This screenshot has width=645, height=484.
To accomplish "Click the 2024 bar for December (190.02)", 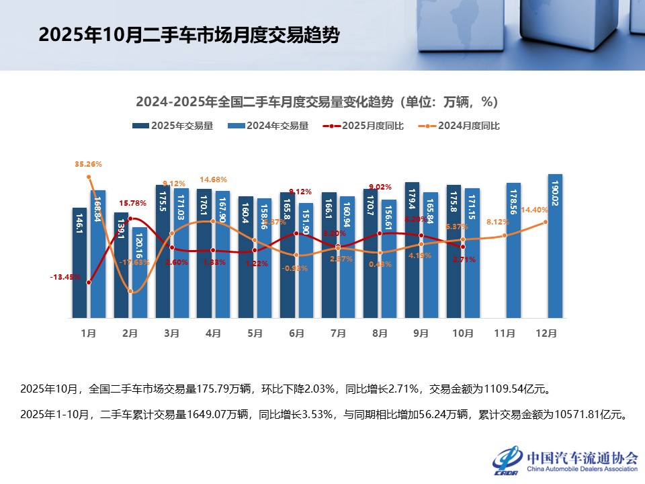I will click(555, 246).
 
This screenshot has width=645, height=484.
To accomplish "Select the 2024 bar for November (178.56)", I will click(513, 250).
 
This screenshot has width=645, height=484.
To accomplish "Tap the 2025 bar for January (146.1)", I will click(80, 263).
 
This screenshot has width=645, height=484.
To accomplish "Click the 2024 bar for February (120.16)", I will click(139, 272).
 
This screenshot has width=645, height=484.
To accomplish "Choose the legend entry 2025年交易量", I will click(173, 126).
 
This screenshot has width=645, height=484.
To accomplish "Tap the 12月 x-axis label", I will click(546, 332).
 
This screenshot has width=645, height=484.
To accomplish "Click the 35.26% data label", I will click(89, 163).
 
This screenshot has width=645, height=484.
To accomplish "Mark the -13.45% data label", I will click(66, 276).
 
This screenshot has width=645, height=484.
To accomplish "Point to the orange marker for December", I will click(546, 222).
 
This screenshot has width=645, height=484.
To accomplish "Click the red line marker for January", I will click(89, 282).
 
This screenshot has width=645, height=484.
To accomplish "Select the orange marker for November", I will click(505, 235).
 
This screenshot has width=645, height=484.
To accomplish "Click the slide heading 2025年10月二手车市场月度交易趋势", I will click(189, 35).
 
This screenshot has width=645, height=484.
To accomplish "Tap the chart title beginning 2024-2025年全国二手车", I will click(316, 102).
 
